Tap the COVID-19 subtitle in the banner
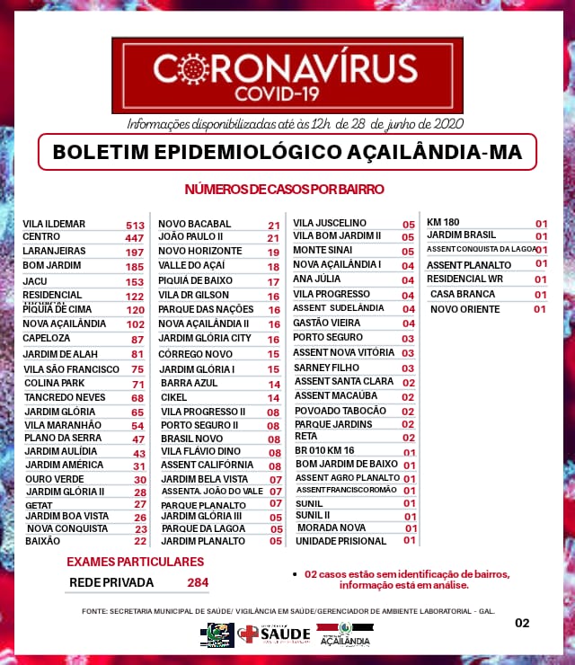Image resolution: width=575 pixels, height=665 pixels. coord(285,92)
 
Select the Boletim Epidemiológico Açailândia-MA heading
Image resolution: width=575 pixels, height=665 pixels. coord(287,152)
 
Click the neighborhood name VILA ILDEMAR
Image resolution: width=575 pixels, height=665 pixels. coord(54,224)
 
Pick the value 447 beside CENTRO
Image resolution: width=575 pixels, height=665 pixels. coord(135,238)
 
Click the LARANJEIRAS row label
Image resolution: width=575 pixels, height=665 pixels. coord(54,253)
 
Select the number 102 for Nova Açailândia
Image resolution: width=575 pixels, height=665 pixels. coord(136,324)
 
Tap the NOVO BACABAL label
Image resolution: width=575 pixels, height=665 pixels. coord(195,224)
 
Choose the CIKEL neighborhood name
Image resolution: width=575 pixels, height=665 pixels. coord(174,397)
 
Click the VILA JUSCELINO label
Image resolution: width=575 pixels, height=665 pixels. coord(330,223)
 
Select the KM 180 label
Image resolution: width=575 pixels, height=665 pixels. coord(443,222)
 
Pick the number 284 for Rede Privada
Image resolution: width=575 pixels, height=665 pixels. coord(198,582)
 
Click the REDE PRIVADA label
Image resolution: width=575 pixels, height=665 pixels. coord(111,582)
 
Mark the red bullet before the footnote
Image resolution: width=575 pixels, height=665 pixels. coord(296,573)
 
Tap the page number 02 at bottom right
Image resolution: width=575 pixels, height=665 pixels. coord(522,623)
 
